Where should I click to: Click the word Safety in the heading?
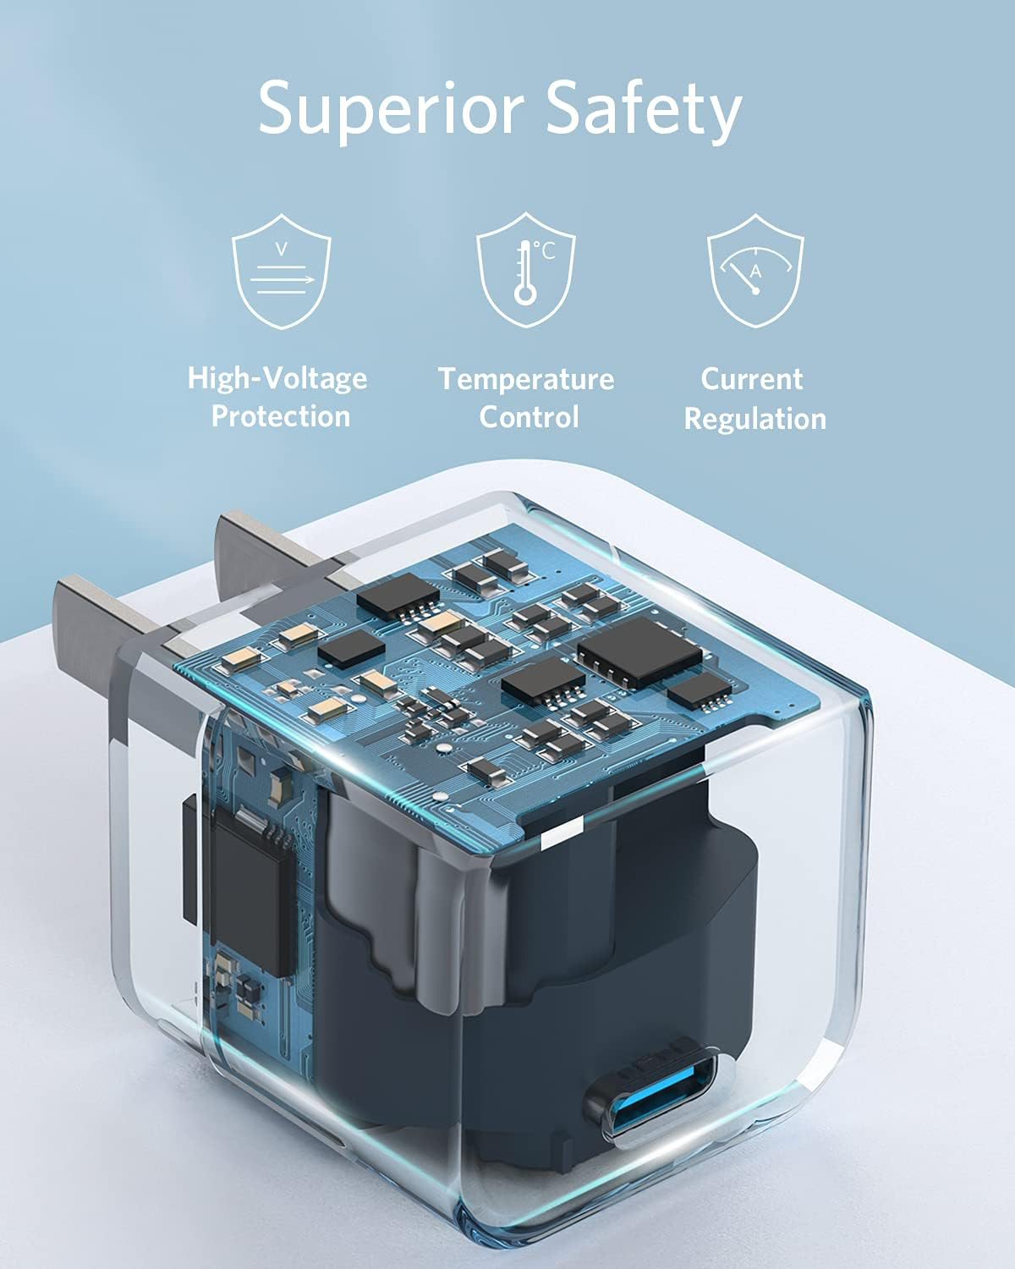click(643, 110)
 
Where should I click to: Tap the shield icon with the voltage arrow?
click(282, 271)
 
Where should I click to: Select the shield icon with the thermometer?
click(525, 271)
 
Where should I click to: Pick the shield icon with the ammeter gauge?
click(755, 271)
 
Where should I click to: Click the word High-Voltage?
click(277, 377)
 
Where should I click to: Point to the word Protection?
click(280, 416)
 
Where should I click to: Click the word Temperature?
click(526, 378)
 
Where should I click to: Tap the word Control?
click(529, 417)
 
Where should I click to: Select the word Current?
click(751, 378)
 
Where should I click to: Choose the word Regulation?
click(754, 419)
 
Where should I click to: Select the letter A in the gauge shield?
click(756, 272)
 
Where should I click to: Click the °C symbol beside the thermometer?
click(546, 250)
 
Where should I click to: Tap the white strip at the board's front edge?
click(557, 838)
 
